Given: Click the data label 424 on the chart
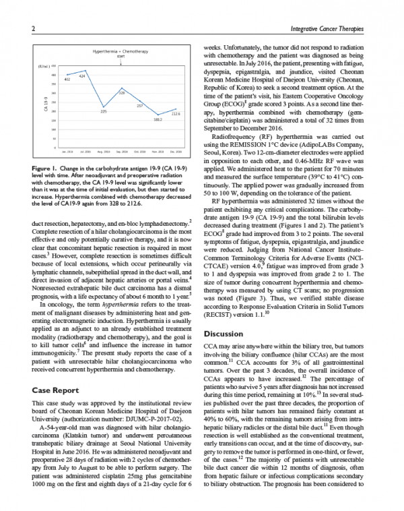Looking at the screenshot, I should [81, 76].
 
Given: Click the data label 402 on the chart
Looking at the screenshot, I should [67, 80].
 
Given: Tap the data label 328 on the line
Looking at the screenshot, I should [122, 92].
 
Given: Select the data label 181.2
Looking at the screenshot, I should [158, 119].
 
